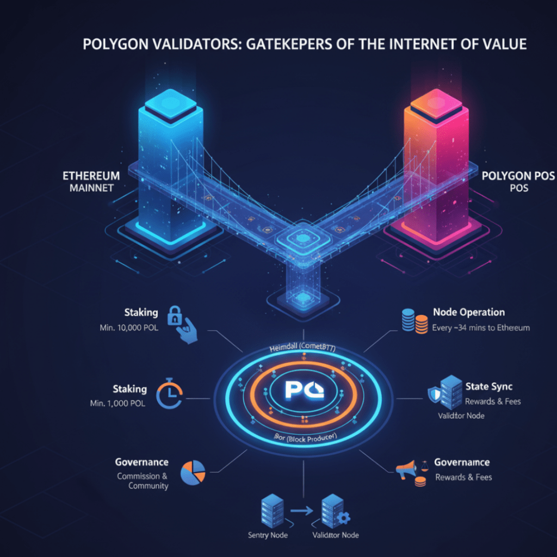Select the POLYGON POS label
[513, 182]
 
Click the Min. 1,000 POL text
[118, 404]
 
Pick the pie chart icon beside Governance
[191, 472]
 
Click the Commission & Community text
[143, 481]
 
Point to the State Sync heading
[488, 387]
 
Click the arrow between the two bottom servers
[302, 510]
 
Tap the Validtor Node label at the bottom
[336, 535]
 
